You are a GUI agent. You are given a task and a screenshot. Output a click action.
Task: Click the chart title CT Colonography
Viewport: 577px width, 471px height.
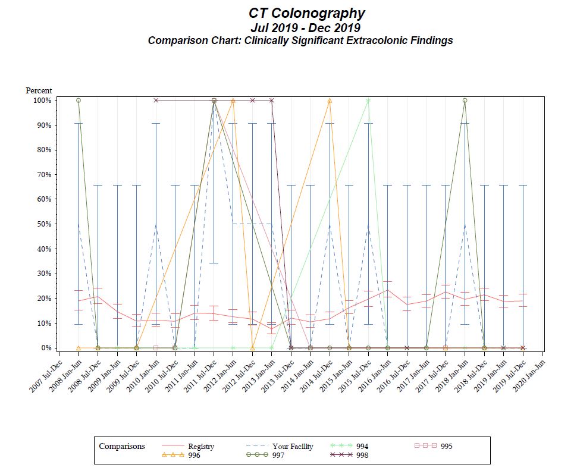(x=306, y=13)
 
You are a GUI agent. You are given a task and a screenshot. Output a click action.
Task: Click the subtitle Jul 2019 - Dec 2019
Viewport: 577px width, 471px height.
(x=306, y=27)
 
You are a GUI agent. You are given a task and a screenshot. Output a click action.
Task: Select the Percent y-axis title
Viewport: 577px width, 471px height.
(x=39, y=90)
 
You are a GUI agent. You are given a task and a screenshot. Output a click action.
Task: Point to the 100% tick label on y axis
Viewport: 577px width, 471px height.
(x=42, y=101)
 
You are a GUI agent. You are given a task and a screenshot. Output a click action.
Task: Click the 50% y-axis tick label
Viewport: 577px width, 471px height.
(x=43, y=224)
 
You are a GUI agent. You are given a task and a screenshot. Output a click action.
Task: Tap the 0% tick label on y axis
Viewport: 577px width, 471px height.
(x=46, y=348)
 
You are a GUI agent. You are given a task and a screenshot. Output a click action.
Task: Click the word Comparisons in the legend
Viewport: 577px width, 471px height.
(x=122, y=446)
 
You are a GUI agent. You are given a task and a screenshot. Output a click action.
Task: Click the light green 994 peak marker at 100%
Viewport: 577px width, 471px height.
(x=368, y=101)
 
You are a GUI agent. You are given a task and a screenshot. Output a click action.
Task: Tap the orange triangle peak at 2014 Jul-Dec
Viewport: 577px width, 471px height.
(x=330, y=101)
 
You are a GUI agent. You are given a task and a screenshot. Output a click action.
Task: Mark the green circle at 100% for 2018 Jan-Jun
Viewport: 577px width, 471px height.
(x=465, y=101)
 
